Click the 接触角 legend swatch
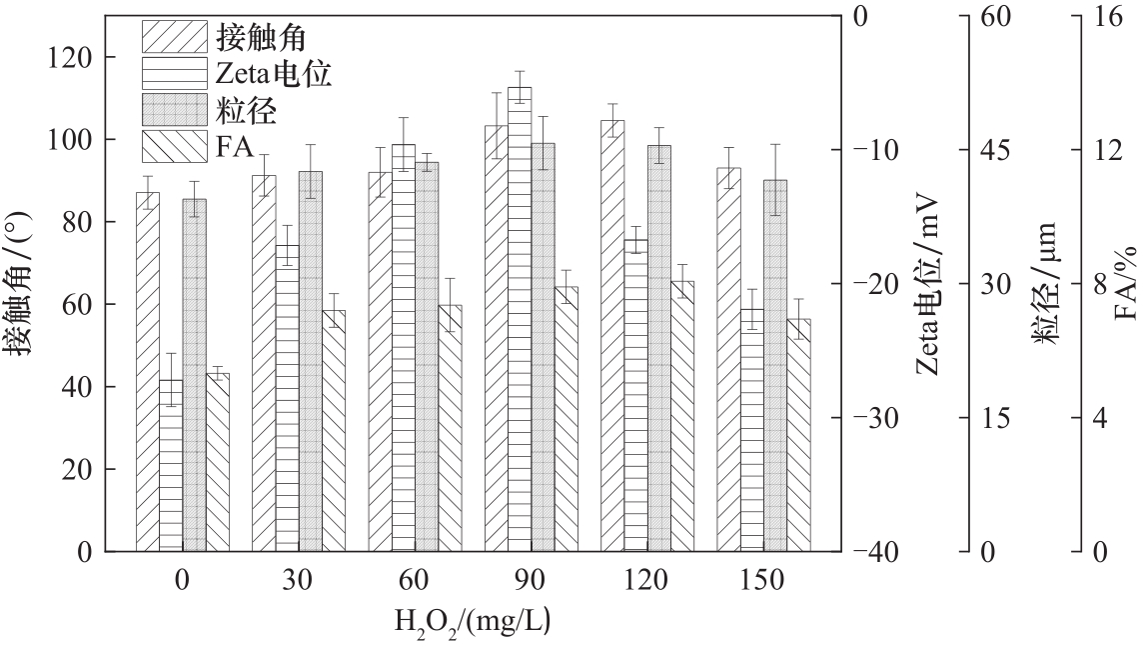[174, 37]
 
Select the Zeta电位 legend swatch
[174, 73]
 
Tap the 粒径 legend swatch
[174, 109]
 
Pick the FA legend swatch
[174, 146]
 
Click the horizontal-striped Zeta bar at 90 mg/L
[520, 320]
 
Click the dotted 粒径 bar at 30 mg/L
[311, 360]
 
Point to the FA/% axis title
[1127, 281]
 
